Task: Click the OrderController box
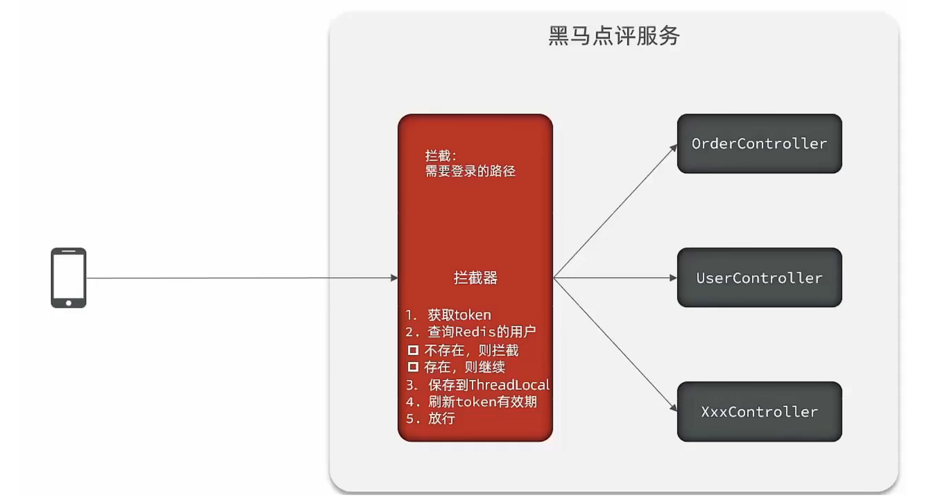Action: [x=759, y=144]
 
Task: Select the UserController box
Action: [x=759, y=278]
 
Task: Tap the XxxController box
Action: [x=759, y=412]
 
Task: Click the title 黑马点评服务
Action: [x=613, y=36]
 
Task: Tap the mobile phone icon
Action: [x=68, y=277]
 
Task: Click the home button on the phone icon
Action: [x=68, y=303]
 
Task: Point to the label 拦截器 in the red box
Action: [x=475, y=278]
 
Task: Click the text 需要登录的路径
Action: [x=470, y=171]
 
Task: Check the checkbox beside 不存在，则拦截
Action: [x=413, y=350]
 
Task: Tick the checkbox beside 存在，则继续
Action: [x=413, y=367]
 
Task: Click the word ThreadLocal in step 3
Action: [x=509, y=385]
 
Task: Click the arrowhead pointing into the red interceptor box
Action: [x=394, y=278]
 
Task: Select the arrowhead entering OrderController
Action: [x=674, y=148]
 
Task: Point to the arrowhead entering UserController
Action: [x=673, y=278]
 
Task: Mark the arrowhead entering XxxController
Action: [x=674, y=408]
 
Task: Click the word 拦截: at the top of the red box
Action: [x=441, y=155]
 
